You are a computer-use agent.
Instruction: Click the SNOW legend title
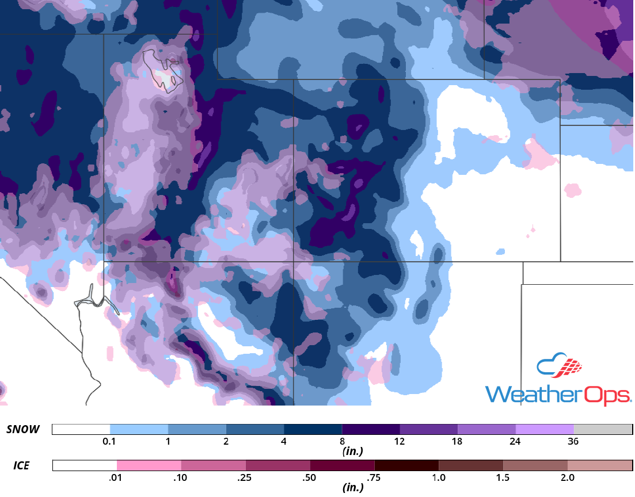23,429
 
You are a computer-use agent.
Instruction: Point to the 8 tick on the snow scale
342,442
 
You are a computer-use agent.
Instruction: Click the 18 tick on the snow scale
457,442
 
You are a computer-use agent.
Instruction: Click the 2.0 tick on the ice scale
567,478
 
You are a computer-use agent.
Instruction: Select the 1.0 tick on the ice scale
439,478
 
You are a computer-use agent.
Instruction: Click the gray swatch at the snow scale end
603,430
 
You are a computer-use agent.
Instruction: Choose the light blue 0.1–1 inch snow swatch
139,430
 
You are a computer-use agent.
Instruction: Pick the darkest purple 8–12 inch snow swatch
371,430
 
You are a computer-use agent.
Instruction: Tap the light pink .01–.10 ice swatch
149,465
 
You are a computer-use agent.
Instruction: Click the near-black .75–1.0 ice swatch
406,465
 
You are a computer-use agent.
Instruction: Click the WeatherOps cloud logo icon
559,366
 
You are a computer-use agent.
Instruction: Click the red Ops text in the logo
607,395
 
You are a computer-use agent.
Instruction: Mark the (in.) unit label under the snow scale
352,452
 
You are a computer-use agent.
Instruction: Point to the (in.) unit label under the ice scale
352,488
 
